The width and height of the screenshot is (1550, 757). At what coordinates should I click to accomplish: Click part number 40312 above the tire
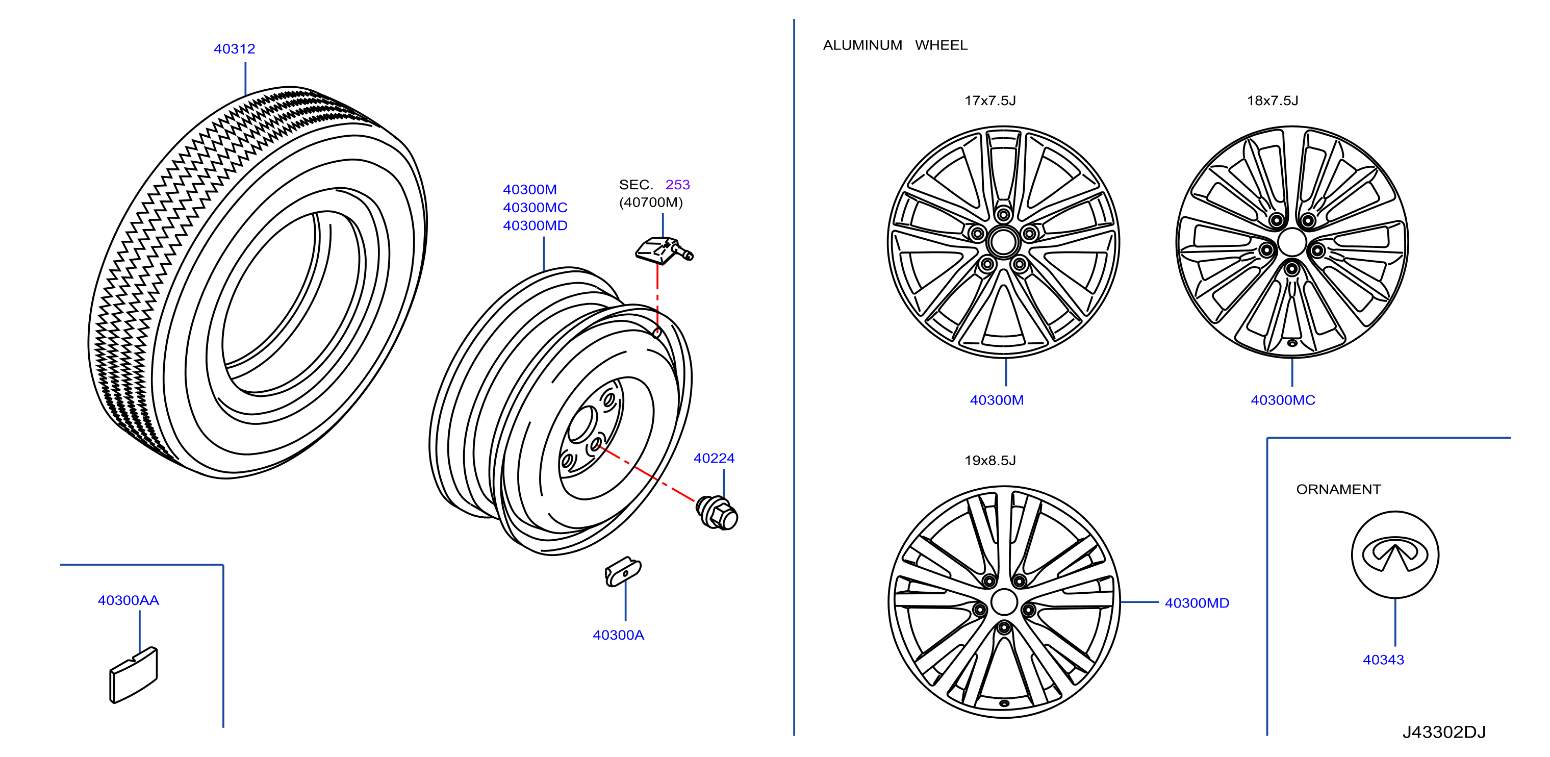pyautogui.click(x=235, y=49)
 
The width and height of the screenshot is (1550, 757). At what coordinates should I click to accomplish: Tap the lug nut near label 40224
pyautogui.click(x=717, y=513)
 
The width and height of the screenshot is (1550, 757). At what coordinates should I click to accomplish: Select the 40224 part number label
pyautogui.click(x=714, y=458)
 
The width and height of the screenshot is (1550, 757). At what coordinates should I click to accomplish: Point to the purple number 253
pyautogui.click(x=677, y=185)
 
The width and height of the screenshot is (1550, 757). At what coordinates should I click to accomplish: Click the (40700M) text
pyautogui.click(x=651, y=202)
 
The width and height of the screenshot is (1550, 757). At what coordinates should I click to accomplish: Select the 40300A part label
pyautogui.click(x=619, y=635)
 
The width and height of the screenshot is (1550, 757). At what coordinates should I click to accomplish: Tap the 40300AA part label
pyautogui.click(x=128, y=600)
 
